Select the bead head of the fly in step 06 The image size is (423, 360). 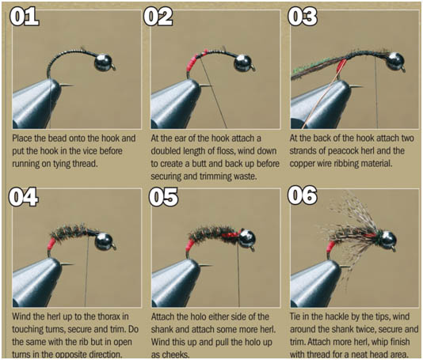[388, 237]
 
